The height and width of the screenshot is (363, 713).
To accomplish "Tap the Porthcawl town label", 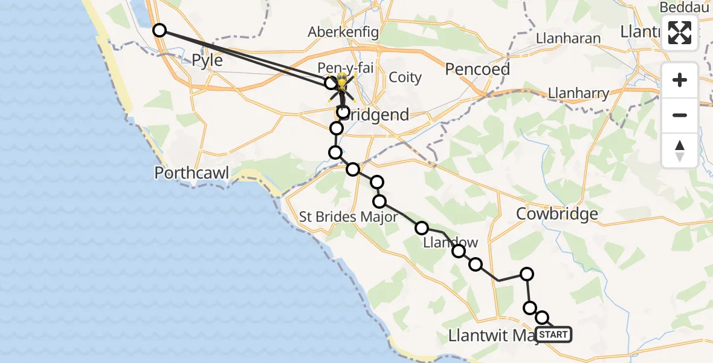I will pyautogui.click(x=192, y=173).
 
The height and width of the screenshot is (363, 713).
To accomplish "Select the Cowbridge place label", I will pyautogui.click(x=558, y=214).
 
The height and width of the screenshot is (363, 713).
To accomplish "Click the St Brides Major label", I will pyautogui.click(x=349, y=217).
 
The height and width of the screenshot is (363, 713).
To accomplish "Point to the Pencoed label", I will pyautogui.click(x=477, y=69).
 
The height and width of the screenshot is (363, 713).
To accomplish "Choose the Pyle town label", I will pyautogui.click(x=207, y=60).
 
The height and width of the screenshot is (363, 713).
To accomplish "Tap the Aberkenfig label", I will pyautogui.click(x=343, y=32).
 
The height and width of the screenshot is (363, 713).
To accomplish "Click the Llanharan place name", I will pyautogui.click(x=569, y=38).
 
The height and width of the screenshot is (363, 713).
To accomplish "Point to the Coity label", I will pyautogui.click(x=405, y=77).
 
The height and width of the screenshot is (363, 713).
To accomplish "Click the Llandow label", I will pyautogui.click(x=450, y=243).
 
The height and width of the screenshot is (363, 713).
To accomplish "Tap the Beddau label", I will pyautogui.click(x=681, y=7).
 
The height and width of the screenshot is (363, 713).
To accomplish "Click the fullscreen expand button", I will pyautogui.click(x=680, y=33).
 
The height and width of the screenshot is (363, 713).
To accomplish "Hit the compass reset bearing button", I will pyautogui.click(x=680, y=150).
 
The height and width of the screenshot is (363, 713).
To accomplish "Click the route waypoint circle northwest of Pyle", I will pyautogui.click(x=159, y=30).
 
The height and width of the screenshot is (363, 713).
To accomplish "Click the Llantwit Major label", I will pyautogui.click(x=492, y=335).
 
